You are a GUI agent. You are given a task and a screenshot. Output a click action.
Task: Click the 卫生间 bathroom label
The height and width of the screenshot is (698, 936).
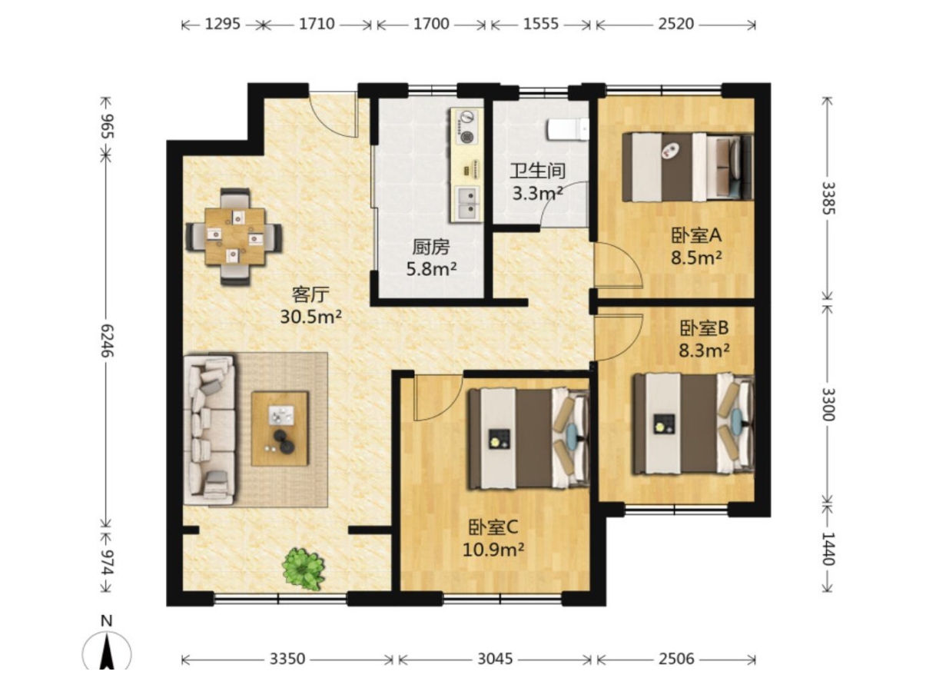[538, 171]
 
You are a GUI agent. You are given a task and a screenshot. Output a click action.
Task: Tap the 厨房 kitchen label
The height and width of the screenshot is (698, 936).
[430, 248]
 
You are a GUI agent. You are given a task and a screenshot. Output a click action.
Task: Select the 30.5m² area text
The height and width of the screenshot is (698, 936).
[311, 317]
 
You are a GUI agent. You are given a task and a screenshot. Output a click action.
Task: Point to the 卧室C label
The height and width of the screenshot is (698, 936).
[493, 528]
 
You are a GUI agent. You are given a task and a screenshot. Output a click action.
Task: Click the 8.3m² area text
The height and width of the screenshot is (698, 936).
[704, 351]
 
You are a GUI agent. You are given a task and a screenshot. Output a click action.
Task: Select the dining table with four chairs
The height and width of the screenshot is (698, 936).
[234, 236]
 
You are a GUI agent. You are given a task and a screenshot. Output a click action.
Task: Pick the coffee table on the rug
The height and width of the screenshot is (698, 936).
[280, 428]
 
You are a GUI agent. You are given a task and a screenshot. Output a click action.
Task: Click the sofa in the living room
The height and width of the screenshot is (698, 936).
[209, 430]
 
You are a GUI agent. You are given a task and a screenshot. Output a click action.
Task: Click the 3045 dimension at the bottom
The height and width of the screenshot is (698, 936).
[495, 659]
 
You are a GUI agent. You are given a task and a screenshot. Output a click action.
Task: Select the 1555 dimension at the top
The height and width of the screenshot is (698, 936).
[541, 24]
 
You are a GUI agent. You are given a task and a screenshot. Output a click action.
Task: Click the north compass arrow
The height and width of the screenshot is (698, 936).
[107, 653]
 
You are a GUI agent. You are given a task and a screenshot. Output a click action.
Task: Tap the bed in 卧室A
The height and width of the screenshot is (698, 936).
[687, 167]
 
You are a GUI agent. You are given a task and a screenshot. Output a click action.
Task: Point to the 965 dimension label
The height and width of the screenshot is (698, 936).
[107, 126]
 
